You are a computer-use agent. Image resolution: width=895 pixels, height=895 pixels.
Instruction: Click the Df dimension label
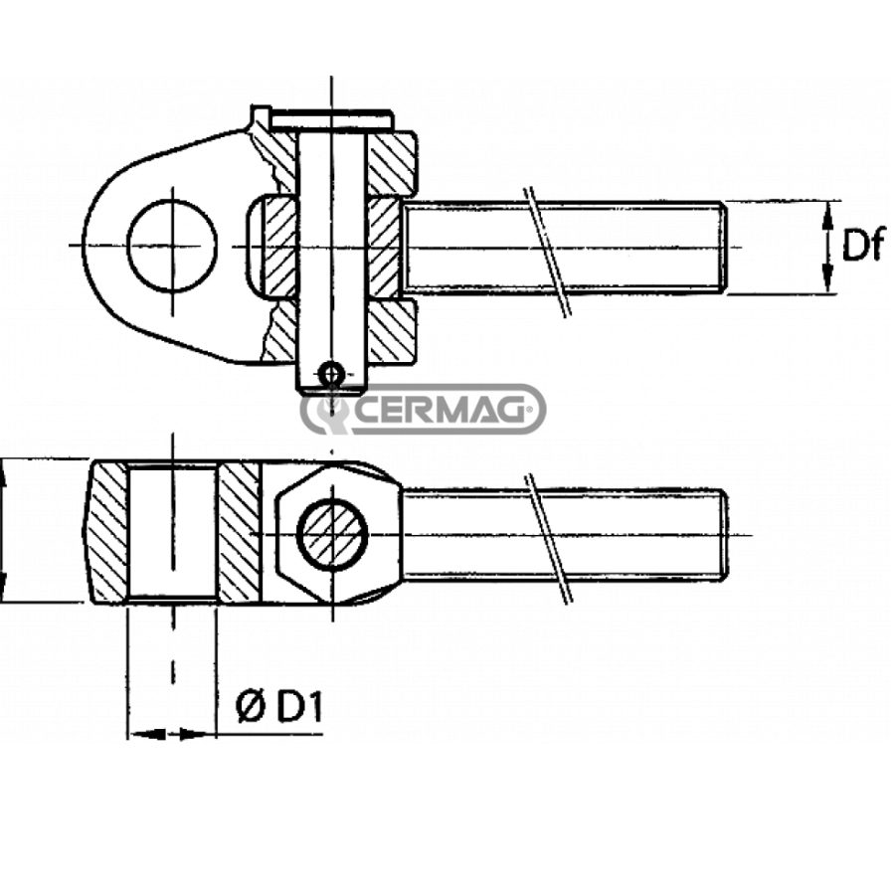[x=863, y=245]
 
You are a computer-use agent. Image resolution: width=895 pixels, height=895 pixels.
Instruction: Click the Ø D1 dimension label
[x=279, y=707]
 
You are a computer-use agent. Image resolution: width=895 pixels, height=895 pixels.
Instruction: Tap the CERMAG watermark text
[x=443, y=410]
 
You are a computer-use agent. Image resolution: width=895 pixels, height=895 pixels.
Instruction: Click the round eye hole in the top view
[x=172, y=245]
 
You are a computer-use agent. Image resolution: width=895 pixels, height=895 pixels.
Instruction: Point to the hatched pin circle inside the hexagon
[x=333, y=535]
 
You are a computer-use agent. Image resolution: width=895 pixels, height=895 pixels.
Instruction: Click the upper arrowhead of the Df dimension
[x=828, y=214]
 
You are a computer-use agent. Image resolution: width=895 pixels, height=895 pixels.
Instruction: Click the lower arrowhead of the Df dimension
[x=828, y=280]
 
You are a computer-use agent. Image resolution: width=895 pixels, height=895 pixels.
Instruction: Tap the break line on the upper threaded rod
[x=548, y=252]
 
